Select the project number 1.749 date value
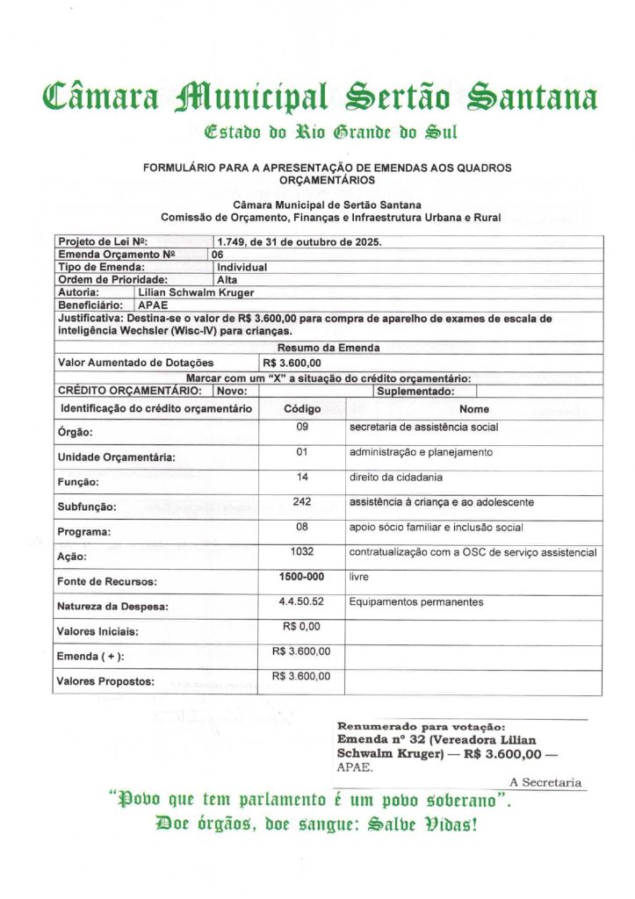click(299, 241)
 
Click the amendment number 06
click(218, 254)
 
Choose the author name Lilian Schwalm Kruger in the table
click(196, 291)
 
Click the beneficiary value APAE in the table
click(153, 305)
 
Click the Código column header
click(302, 409)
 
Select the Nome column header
click(474, 409)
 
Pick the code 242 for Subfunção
click(302, 501)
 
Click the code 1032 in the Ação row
click(302, 552)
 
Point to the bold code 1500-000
click(302, 577)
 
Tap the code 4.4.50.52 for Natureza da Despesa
click(302, 602)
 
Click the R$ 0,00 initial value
click(302, 627)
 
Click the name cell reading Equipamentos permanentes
click(416, 602)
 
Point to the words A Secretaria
click(545, 782)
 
